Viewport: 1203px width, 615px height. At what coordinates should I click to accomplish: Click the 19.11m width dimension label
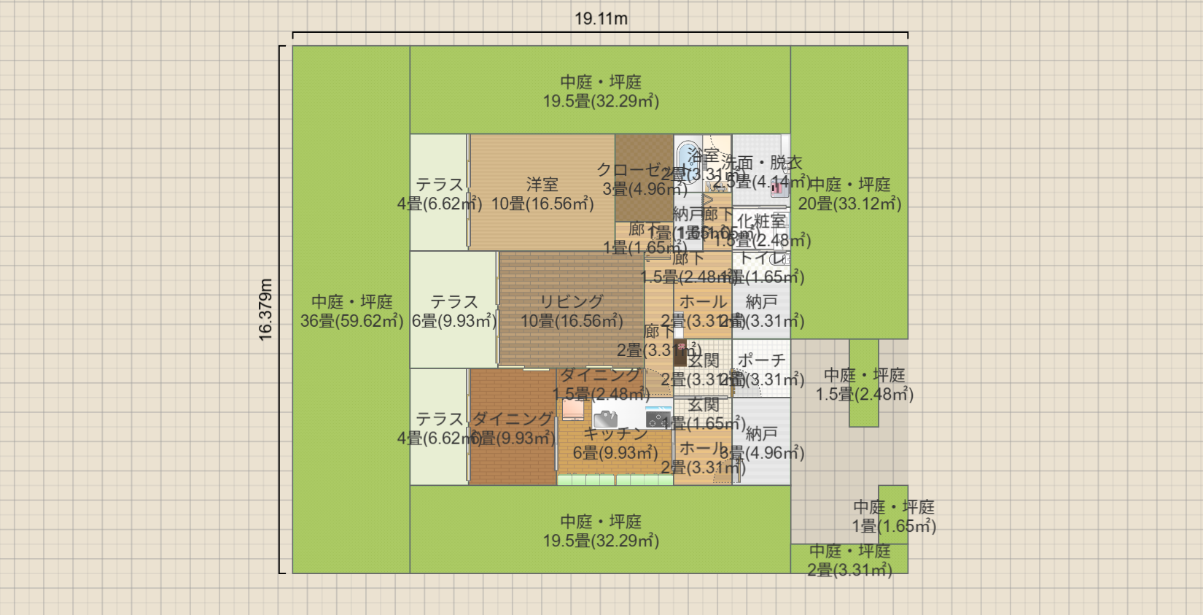point(601,19)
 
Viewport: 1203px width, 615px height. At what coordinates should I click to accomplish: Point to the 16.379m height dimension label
point(265,309)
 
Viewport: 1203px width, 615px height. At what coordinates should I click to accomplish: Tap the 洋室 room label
point(542,185)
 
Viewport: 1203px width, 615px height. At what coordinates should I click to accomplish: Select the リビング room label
point(571,301)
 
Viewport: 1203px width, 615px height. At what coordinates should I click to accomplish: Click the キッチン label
point(615,433)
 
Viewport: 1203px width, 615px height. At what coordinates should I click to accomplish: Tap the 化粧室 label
point(761,220)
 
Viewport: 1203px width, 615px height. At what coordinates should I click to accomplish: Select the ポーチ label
point(761,360)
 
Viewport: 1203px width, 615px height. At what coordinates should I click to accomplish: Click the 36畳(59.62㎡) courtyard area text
point(351,321)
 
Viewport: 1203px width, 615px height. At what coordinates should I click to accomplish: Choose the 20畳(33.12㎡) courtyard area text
point(849,204)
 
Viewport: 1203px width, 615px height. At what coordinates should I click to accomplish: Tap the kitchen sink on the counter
point(605,419)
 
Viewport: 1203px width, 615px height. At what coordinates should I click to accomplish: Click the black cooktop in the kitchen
point(658,419)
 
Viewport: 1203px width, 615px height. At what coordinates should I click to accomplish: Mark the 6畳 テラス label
point(453,302)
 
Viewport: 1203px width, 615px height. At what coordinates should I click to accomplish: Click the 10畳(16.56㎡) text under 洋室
point(542,204)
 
